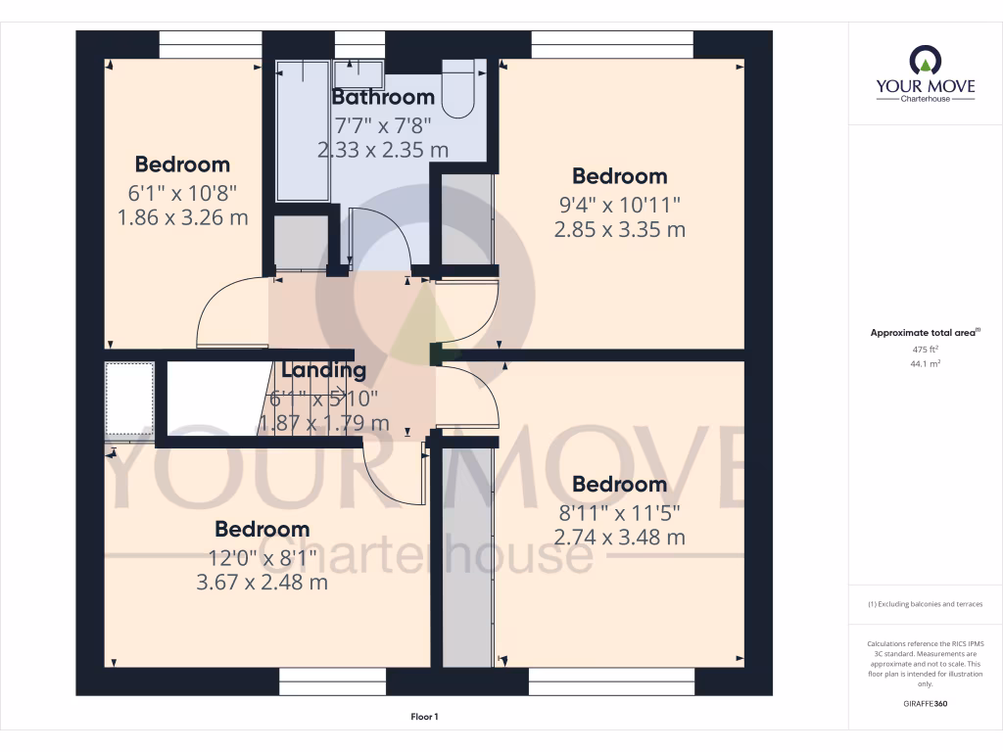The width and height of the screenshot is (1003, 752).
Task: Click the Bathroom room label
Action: coord(383,97)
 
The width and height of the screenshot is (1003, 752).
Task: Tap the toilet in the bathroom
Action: coord(458,88)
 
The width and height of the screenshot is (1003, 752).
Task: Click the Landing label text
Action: coord(324,370)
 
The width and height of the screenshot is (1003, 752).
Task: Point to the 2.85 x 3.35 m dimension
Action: coord(619,230)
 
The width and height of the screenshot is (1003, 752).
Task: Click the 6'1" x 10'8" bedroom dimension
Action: coord(182,191)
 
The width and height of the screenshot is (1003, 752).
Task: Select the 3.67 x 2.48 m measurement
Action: coord(262,583)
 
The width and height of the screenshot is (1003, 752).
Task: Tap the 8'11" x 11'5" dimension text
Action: coord(619,511)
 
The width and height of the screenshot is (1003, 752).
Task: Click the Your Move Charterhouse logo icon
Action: coord(925,61)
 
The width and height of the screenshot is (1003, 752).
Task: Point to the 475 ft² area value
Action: coord(925,349)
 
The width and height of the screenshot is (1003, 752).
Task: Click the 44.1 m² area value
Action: coord(925,363)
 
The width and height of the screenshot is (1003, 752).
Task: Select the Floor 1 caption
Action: coord(424,718)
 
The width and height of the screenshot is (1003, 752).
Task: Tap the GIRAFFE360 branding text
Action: coord(925,703)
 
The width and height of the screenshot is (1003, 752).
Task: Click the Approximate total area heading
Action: coord(924,333)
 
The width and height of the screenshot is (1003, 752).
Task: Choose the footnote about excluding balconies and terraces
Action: coord(925,604)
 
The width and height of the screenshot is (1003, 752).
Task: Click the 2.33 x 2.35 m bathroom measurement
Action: coord(383,150)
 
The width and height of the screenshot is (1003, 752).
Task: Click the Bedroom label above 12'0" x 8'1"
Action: coord(262,529)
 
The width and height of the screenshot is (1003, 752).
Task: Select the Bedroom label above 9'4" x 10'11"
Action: coord(619,176)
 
